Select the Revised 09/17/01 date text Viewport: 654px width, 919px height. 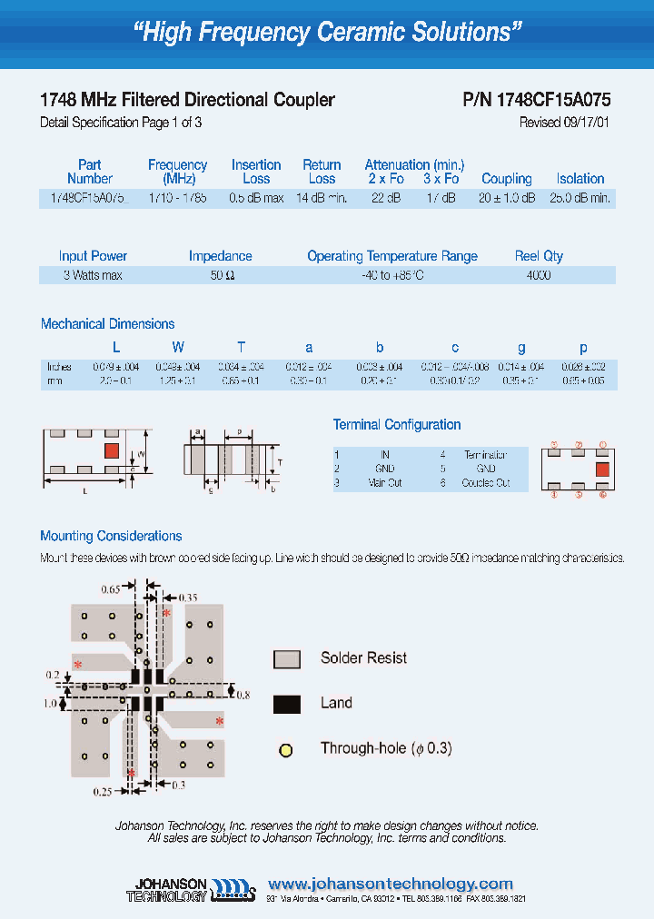point(564,123)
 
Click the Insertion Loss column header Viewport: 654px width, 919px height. point(256,172)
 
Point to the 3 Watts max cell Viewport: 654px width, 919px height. point(93,275)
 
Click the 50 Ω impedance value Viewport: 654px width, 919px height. point(222,275)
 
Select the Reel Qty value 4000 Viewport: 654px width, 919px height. point(538,275)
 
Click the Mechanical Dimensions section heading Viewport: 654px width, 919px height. point(107,324)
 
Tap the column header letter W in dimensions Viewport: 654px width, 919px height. point(178,347)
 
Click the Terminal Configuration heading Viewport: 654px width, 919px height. point(397,425)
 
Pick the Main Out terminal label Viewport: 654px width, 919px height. point(384,483)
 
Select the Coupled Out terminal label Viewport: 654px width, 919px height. point(485,483)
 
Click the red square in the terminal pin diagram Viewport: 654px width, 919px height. point(601,469)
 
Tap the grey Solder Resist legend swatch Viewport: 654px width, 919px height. point(286,659)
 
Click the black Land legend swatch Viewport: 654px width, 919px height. point(286,704)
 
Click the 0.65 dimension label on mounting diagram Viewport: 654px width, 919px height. point(110,590)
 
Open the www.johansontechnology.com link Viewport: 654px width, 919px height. point(391,884)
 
